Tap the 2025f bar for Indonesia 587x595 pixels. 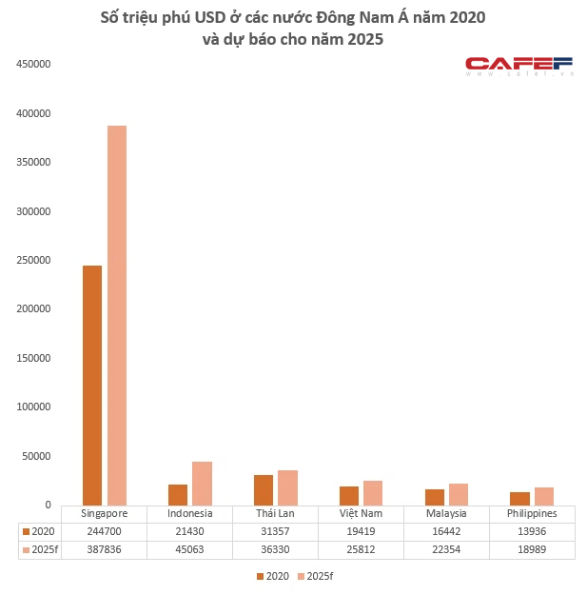203,483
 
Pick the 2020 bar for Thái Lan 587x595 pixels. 264,489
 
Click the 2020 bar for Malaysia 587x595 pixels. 435,497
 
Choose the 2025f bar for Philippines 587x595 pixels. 544,496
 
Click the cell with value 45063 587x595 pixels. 190,549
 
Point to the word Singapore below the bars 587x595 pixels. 106,513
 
